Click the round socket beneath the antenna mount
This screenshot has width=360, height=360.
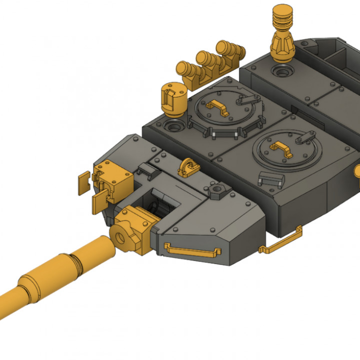point(282,71)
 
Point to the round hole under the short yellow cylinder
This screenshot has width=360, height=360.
point(175,124)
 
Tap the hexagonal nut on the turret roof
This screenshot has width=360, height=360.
point(218,190)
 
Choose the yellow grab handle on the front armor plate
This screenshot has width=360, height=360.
point(192,248)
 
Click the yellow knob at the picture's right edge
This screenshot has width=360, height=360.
point(357,171)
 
